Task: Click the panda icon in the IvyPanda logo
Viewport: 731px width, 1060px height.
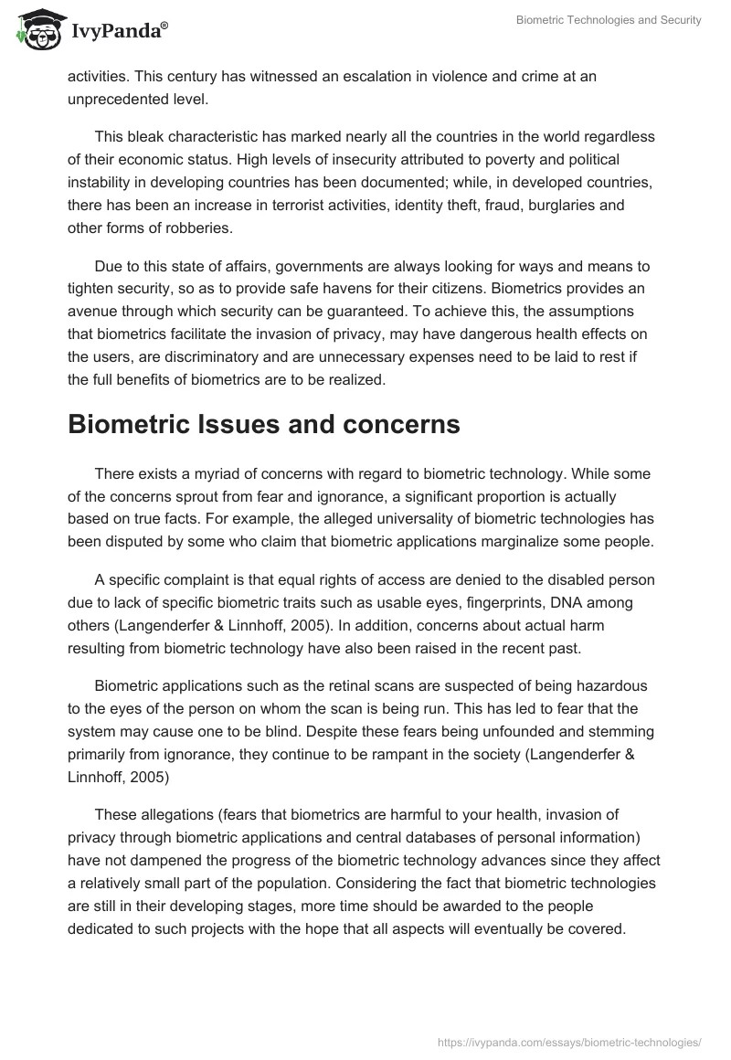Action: point(35,27)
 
